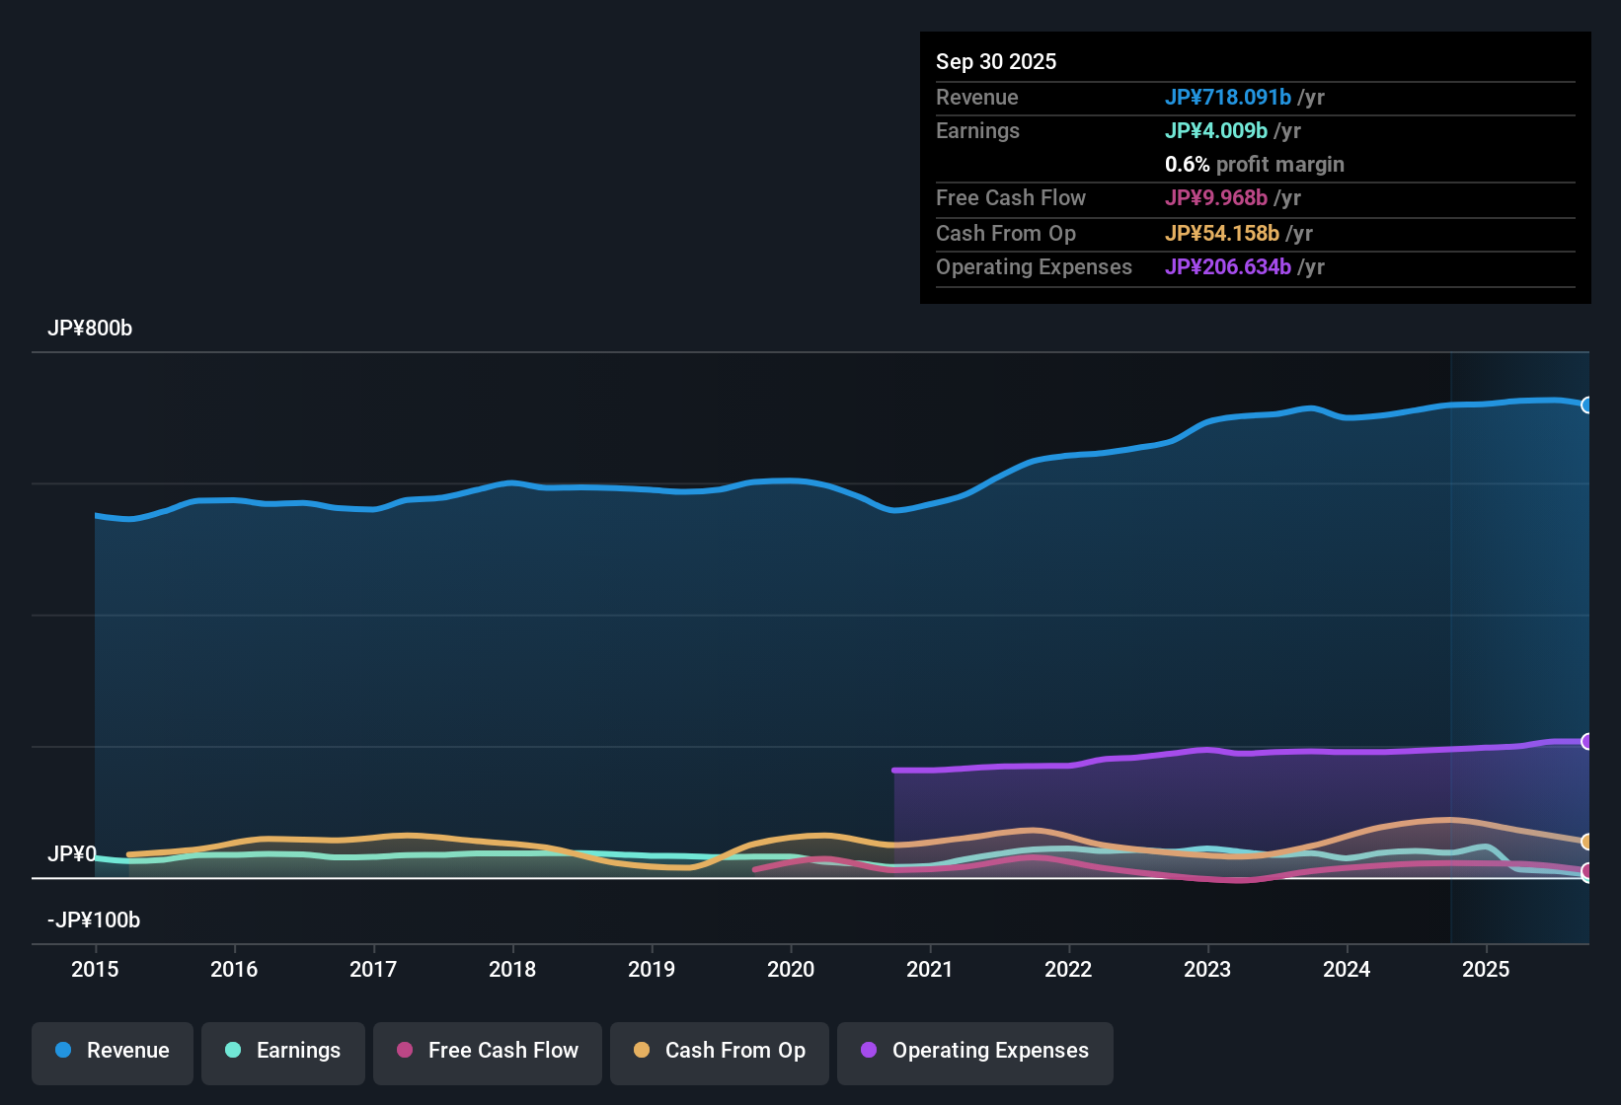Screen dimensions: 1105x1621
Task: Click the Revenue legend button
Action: pos(113,1051)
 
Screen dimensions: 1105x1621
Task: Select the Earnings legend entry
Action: pos(283,1051)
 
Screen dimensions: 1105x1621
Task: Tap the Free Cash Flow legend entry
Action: pos(488,1051)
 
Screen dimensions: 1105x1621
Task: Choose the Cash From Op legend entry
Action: pos(720,1051)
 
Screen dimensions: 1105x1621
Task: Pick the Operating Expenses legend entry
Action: pos(975,1051)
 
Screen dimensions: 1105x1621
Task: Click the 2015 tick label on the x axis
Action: pos(95,970)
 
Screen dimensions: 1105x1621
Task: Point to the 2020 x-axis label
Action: pos(791,970)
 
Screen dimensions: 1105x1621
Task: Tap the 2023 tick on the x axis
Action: pos(1207,970)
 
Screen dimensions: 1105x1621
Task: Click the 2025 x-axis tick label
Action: pos(1486,970)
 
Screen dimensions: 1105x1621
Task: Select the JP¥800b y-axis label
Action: pos(90,329)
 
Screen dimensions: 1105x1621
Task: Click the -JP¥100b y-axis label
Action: pos(94,921)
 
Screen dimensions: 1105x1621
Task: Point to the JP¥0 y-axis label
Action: pos(72,854)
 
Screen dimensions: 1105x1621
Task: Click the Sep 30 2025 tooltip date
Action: pos(996,62)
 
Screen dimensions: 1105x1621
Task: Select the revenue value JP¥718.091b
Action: pos(1228,98)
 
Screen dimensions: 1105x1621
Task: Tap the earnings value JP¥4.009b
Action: pos(1216,131)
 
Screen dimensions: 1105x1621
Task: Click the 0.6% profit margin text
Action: pos(1255,165)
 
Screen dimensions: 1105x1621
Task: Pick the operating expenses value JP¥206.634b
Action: pos(1228,267)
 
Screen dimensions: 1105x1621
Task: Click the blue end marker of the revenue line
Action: pos(1586,405)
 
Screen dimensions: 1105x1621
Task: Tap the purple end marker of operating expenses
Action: pos(1586,742)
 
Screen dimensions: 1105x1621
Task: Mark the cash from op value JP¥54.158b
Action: pos(1222,234)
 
